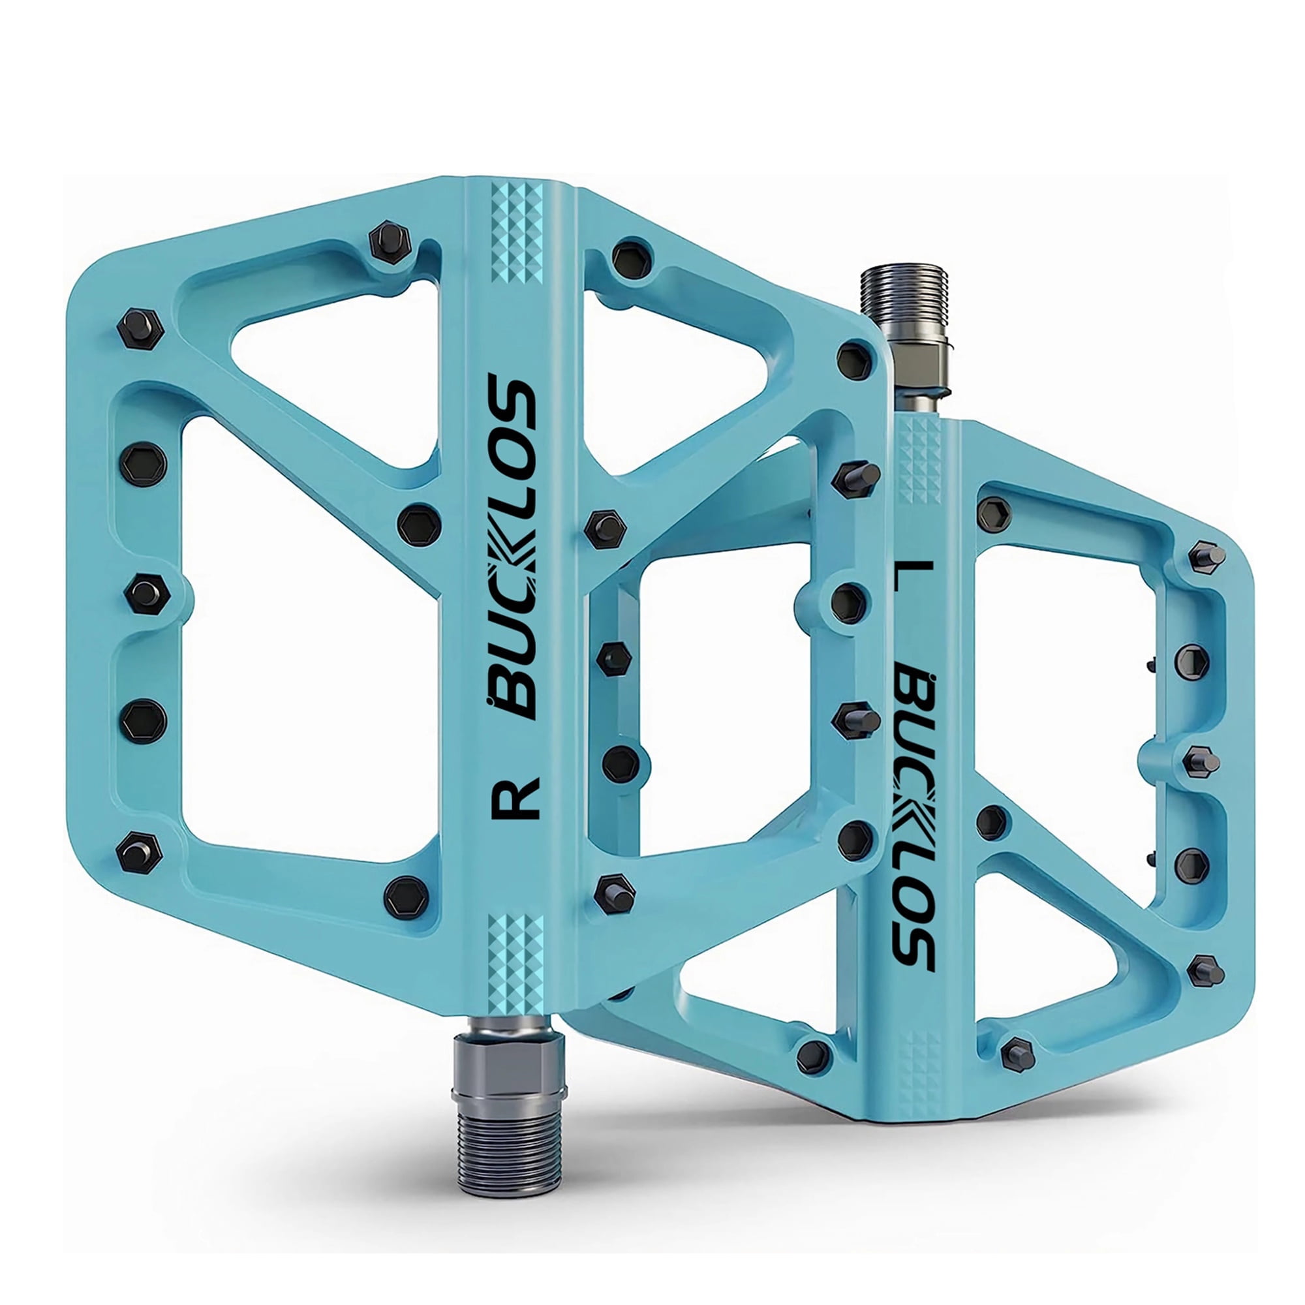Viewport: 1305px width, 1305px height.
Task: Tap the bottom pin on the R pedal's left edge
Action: pyautogui.click(x=138, y=850)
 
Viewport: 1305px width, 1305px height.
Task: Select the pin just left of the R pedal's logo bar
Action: pyautogui.click(x=419, y=523)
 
